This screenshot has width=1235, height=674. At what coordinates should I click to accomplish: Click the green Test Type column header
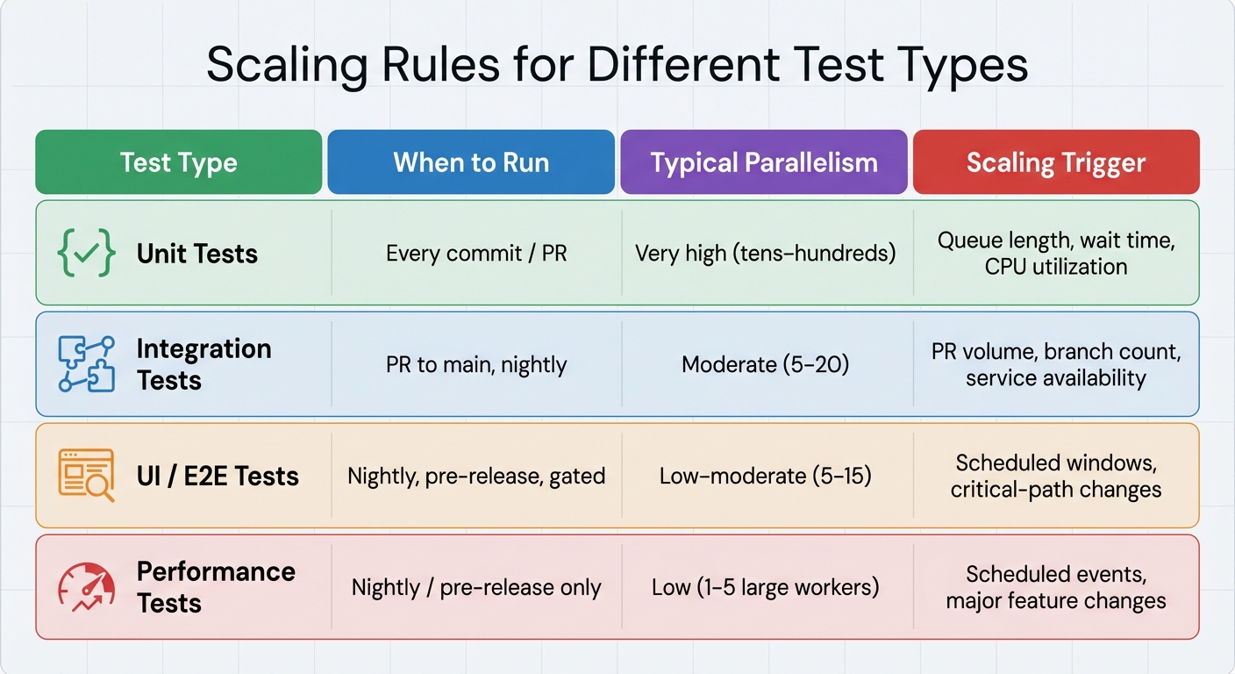178,162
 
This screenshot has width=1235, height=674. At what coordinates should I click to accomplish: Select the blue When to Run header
471,162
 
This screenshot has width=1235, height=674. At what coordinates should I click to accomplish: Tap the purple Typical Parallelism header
763,162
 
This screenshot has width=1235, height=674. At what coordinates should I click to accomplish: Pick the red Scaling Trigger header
1056,162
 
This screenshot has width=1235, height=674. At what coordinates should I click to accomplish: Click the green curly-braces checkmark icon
86,254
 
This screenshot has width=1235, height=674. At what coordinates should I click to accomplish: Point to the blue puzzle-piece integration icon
86,363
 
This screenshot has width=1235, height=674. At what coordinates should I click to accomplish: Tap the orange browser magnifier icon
86,475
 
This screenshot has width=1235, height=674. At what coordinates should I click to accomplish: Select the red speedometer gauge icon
86,587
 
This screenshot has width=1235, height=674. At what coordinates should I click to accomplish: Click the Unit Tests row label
197,254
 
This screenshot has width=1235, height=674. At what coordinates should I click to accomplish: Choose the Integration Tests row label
203,364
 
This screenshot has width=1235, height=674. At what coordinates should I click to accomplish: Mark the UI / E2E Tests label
218,476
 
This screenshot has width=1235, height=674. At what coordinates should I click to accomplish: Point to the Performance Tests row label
216,587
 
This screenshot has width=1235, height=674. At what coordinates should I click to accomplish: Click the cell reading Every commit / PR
476,254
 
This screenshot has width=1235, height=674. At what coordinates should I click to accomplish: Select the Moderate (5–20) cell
765,363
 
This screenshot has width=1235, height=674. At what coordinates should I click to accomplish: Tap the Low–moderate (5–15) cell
765,476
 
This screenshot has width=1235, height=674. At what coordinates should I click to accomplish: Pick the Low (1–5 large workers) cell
765,587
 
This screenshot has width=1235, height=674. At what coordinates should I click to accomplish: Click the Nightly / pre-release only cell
476,587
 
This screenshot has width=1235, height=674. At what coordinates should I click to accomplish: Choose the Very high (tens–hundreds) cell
765,254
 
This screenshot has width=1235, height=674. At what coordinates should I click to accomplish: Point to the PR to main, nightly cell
476,363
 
